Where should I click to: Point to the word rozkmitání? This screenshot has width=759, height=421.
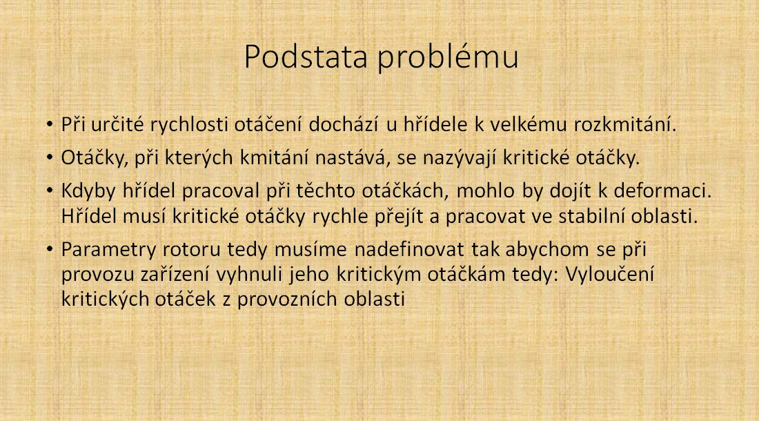point(625,125)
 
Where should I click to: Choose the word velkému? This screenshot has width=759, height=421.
point(528,125)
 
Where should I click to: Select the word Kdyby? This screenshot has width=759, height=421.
point(88,192)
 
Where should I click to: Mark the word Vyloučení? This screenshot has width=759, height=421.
point(609,275)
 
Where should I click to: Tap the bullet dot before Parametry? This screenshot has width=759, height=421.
point(50,250)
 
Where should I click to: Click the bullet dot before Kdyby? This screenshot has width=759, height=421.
point(50,191)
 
